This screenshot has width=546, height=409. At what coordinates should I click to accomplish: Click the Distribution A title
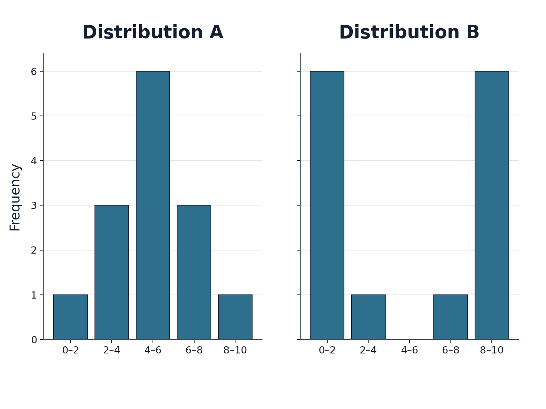coord(153,32)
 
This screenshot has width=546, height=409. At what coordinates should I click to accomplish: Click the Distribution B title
coord(409,32)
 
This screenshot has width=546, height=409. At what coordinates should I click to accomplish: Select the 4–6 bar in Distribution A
coord(153,205)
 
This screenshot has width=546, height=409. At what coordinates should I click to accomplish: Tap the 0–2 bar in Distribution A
coord(70,317)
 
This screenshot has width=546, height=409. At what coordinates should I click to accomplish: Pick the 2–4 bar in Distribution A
coord(112,272)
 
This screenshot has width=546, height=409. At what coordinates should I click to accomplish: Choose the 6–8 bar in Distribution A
coord(194,272)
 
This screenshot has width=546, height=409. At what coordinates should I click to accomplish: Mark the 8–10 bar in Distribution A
coord(235,317)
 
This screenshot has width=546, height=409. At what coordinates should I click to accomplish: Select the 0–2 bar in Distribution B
coord(327,205)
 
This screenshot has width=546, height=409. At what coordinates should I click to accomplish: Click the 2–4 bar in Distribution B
coord(369,317)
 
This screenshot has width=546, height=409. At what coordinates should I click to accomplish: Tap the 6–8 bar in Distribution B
coord(451,317)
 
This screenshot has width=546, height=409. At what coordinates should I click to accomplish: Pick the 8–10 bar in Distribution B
coord(492,205)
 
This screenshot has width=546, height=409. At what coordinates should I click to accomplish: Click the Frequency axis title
coord(15,197)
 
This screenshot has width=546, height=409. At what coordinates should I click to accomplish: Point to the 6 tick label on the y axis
coord(34,72)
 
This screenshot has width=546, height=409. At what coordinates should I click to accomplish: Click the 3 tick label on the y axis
coord(34,206)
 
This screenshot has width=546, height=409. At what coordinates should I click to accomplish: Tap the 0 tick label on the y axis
coord(34,340)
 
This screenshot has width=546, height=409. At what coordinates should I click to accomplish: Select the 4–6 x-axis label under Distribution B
coord(409,350)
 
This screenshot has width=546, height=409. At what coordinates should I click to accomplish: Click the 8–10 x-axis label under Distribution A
coord(235,350)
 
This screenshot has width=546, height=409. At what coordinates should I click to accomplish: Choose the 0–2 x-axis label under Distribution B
coord(327,350)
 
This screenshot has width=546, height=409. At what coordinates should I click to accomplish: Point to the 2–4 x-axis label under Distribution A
coord(112,350)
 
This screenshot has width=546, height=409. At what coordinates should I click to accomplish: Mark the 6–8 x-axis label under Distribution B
coord(451,350)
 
